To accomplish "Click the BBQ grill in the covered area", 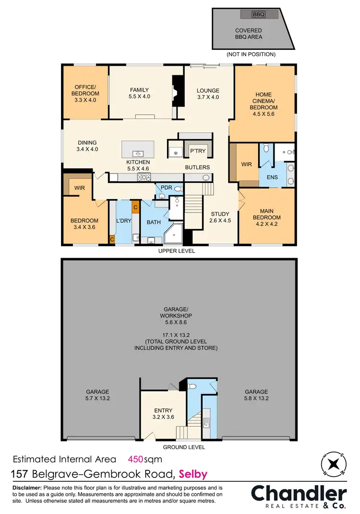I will (259, 14).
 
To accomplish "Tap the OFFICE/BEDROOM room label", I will (85, 90).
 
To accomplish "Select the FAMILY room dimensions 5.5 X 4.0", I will (139, 96).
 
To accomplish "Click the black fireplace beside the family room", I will (178, 91).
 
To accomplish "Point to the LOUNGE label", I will (208, 90).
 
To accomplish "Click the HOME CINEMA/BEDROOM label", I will (263, 101).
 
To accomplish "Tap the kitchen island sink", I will (138, 154).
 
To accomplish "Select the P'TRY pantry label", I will (197, 151).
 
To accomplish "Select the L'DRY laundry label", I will (124, 221).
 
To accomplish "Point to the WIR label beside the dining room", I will (80, 188).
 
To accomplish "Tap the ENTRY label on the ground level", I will (163, 410).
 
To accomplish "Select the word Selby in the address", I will (193, 475).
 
